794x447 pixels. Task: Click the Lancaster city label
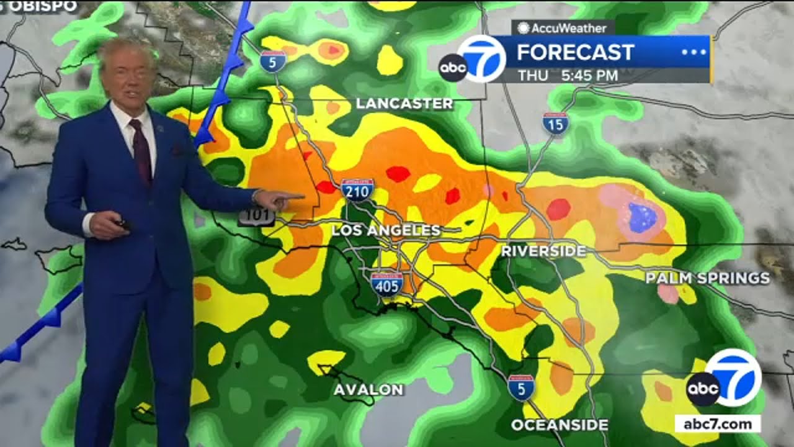pos(404,104)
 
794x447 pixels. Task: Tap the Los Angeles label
pos(386,231)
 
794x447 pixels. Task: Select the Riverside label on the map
pos(543,251)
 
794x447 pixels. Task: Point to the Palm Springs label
pos(707,278)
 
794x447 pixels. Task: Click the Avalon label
pos(368,390)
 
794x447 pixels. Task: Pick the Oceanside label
pos(560,425)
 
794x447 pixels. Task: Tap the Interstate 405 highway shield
pos(386,283)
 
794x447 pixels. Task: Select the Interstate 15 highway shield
pos(555,124)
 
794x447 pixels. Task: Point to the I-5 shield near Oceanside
pos(520,387)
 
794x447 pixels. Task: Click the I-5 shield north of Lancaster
pos(273,61)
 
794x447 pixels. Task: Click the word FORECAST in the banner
pos(575,52)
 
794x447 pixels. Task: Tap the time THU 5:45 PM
pos(568,76)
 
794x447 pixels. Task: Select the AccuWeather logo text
pos(562,28)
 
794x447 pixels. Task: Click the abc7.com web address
pos(718,424)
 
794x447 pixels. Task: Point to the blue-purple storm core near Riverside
pos(642,217)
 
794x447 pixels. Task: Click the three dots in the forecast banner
pos(694,52)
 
